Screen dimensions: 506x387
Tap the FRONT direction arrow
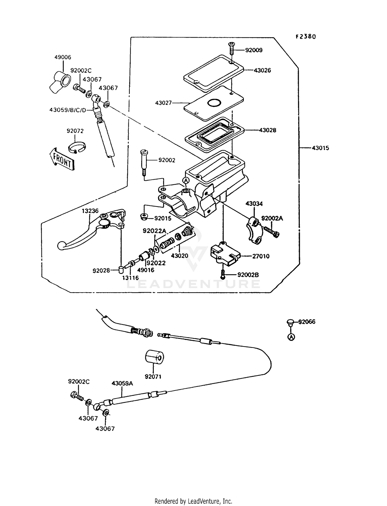62,159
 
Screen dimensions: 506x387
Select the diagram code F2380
305,37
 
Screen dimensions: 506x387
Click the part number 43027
163,103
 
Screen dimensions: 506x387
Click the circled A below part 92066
291,337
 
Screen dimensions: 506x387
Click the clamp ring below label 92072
77,147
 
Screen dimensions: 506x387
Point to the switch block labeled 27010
223,253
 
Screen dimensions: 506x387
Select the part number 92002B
248,275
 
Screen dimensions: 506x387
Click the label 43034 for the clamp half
254,204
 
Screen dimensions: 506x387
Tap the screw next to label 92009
231,48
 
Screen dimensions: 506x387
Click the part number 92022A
154,231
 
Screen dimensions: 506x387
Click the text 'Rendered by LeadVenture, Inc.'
193,501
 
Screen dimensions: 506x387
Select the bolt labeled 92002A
271,231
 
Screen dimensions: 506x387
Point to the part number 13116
130,278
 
